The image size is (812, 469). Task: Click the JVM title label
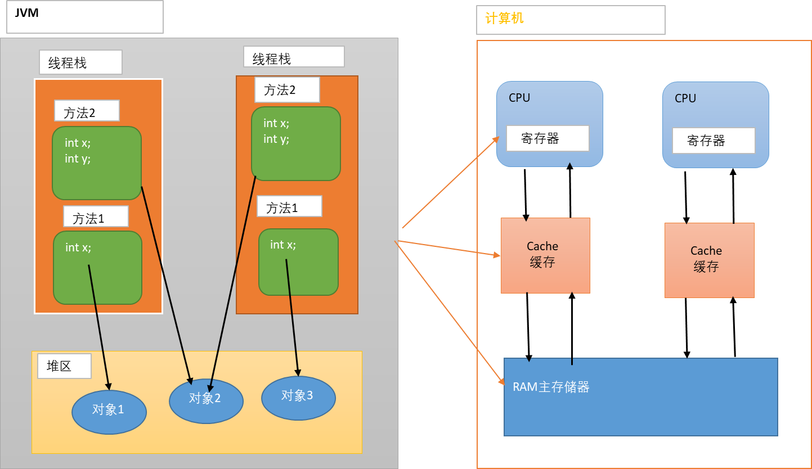click(27, 12)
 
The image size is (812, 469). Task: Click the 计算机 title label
click(504, 19)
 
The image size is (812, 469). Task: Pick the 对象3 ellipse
click(298, 396)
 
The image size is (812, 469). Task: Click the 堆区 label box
click(64, 367)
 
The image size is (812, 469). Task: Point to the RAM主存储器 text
click(551, 387)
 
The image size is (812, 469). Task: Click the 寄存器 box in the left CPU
click(547, 138)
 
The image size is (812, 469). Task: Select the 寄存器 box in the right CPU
click(713, 141)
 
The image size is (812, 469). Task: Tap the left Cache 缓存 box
click(545, 255)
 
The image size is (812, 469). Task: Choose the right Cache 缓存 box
click(708, 260)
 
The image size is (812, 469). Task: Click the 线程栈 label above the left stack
click(80, 62)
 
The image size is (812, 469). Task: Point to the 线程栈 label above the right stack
click(293, 57)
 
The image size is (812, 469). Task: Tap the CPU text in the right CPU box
click(685, 98)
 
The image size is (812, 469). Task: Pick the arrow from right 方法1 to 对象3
click(293, 318)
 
